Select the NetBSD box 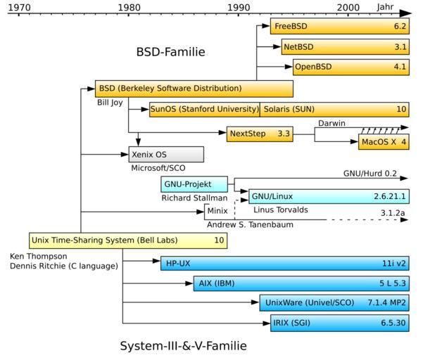tap(345, 47)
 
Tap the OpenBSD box tap(351, 67)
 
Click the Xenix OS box tap(166, 155)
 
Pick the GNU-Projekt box tap(195, 185)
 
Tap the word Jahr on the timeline tap(385, 6)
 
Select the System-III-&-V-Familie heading tap(183, 346)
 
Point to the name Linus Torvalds tap(280, 210)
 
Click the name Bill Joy tap(110, 103)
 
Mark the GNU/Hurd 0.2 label tap(370, 173)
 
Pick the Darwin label tap(332, 123)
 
